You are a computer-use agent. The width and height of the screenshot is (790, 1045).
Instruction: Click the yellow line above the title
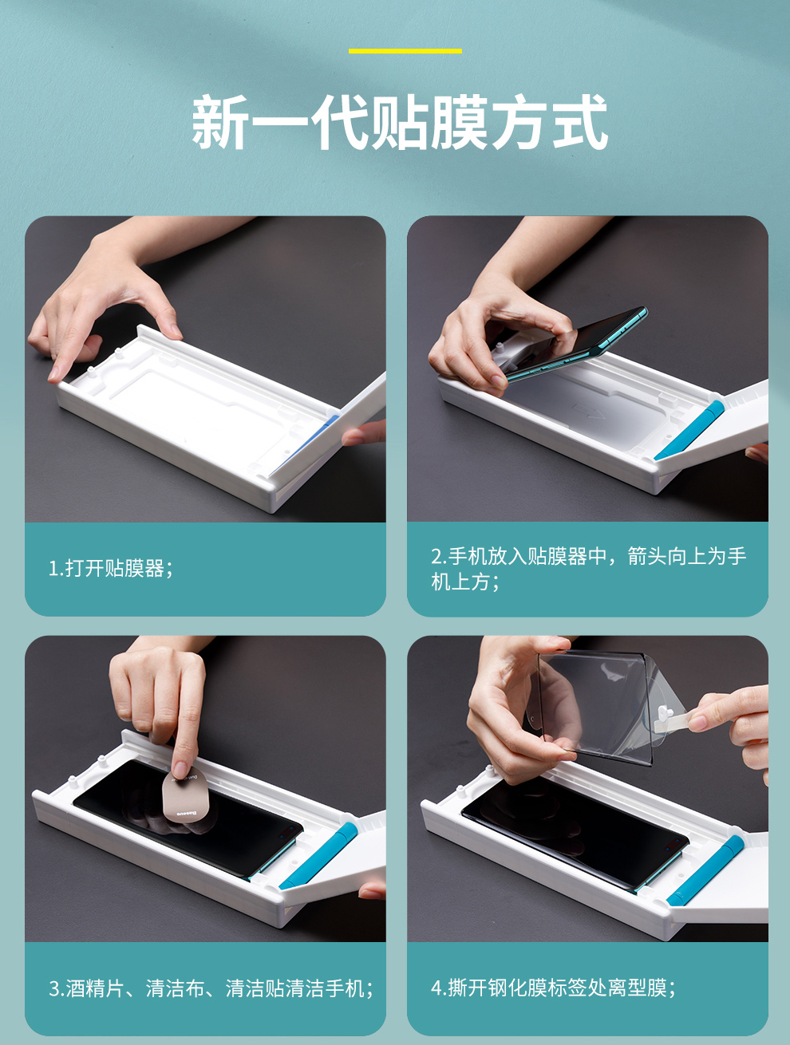pos(405,51)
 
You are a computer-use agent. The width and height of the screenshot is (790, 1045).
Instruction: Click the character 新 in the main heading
pos(220,122)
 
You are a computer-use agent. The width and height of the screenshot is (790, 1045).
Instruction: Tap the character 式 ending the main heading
pos(579,122)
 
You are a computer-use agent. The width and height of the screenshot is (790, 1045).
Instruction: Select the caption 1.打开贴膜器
pos(111,569)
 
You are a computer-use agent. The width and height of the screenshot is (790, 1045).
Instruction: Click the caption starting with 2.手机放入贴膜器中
pos(589,569)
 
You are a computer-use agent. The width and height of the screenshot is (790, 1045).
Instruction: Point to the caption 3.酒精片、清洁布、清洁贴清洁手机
pos(211,988)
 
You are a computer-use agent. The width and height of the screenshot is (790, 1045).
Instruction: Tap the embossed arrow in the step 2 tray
pos(589,411)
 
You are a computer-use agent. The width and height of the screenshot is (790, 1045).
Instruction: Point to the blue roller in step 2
pos(689,431)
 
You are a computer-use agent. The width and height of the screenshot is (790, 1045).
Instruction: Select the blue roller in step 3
pos(318,855)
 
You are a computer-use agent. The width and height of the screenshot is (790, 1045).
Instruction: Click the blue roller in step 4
pos(705,871)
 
